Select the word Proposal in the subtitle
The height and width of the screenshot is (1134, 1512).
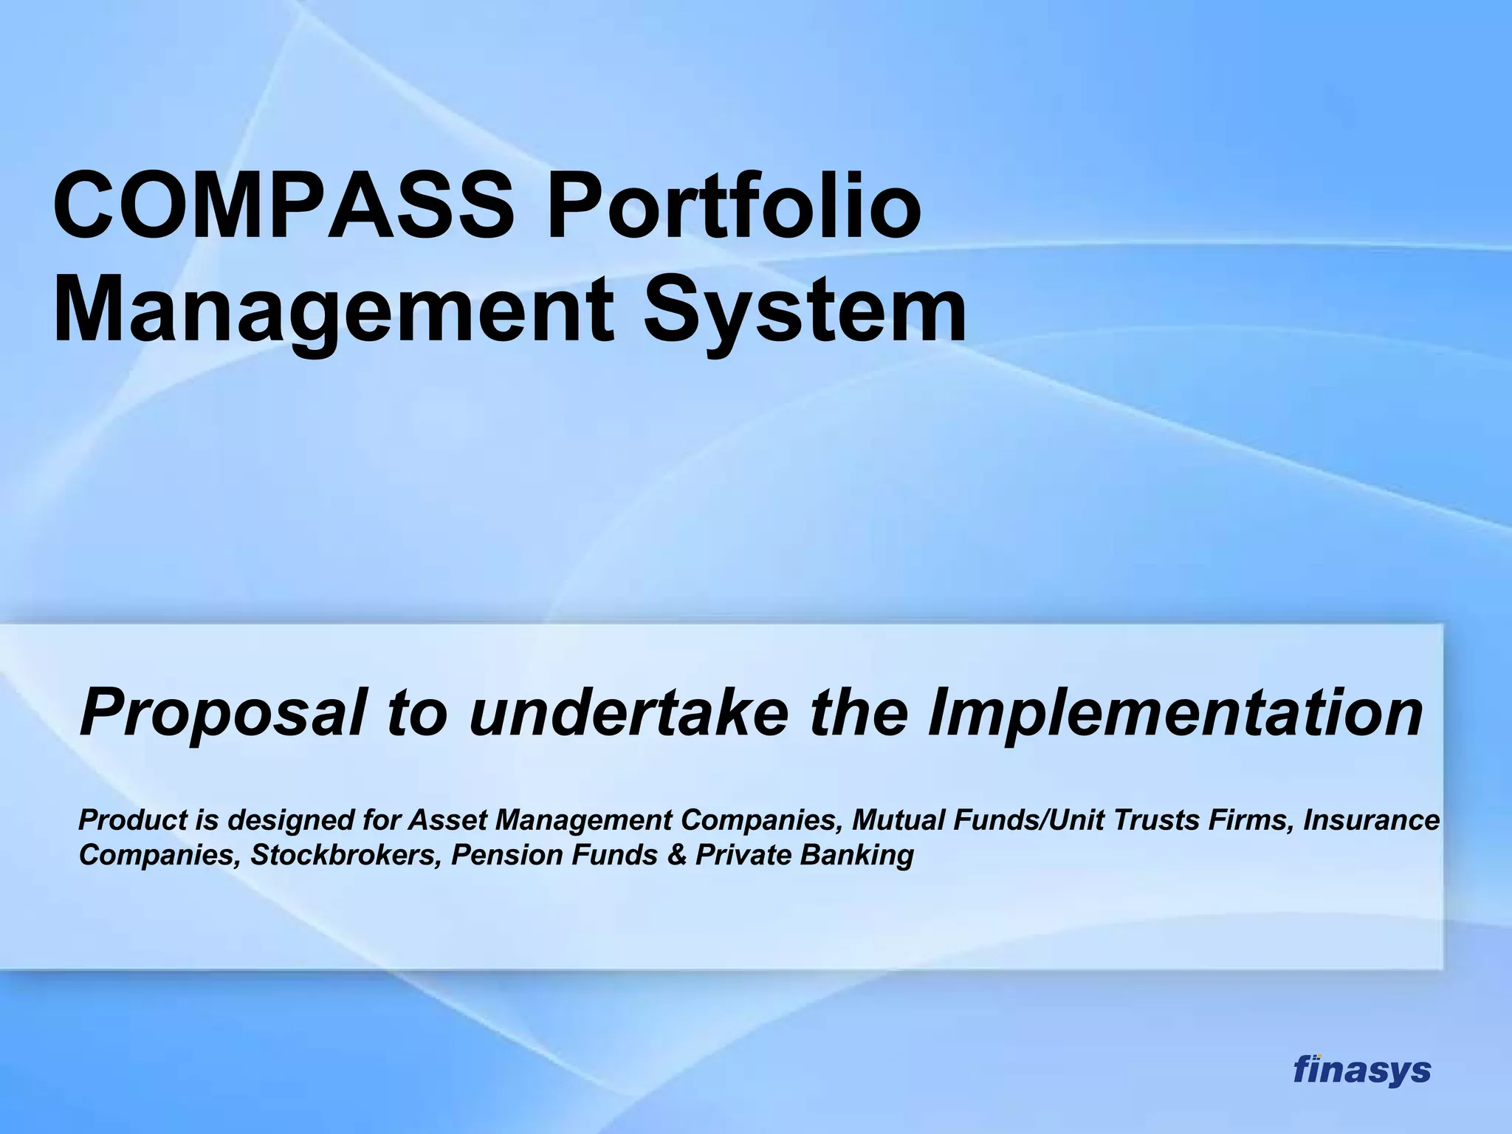[221, 712]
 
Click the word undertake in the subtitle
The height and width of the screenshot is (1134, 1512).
[628, 712]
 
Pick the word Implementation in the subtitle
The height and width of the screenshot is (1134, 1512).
[1174, 712]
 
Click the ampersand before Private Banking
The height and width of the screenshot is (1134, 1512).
[678, 855]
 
